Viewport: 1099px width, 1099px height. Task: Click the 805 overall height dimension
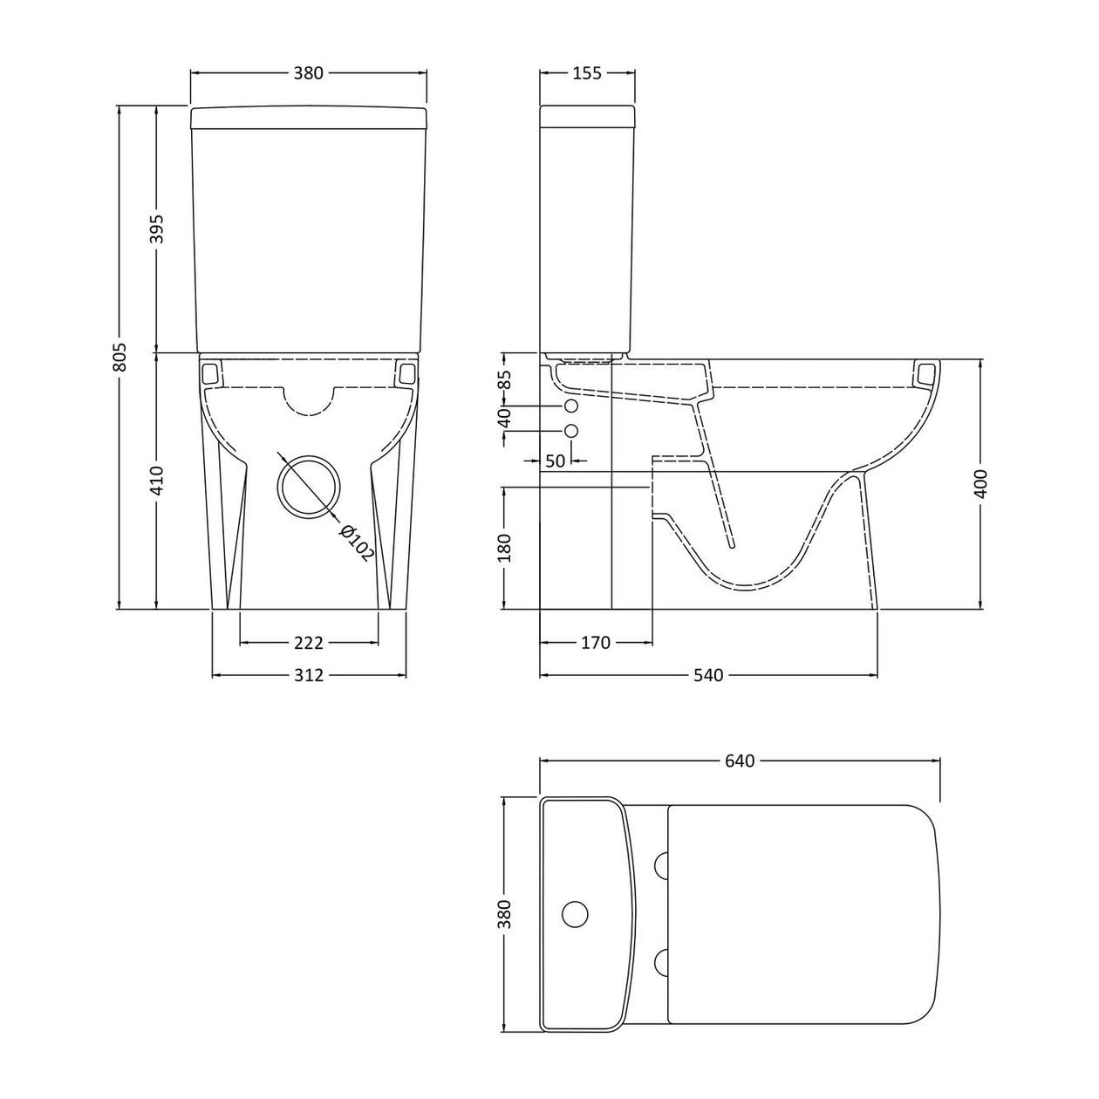click(120, 356)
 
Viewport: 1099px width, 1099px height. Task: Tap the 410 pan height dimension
click(158, 480)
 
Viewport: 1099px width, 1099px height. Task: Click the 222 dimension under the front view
click(309, 643)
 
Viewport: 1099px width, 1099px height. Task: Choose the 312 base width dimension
click(309, 675)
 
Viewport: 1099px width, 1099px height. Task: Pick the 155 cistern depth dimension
click(587, 73)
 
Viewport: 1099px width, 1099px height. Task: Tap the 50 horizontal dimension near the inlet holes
click(556, 461)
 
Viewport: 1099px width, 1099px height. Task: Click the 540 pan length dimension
click(708, 675)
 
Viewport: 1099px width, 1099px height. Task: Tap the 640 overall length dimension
click(739, 761)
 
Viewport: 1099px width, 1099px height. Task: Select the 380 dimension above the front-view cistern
click(308, 73)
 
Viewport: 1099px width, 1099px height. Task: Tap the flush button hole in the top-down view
click(575, 913)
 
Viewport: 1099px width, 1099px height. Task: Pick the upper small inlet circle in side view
click(571, 407)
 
